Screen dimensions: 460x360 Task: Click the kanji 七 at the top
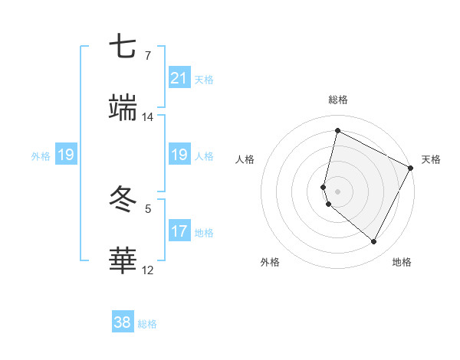point(124,47)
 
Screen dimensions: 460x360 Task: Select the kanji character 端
point(124,108)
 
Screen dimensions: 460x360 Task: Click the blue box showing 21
point(179,78)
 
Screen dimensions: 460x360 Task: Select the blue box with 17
point(179,231)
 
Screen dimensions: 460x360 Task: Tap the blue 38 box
point(123,322)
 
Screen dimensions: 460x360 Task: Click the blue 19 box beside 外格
point(66,155)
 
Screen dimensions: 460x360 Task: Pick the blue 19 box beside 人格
point(179,155)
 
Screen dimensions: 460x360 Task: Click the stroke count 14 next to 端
point(148,117)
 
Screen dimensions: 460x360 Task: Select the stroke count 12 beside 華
point(148,270)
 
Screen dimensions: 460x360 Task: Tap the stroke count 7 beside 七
point(148,56)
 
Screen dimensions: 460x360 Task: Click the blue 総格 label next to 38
point(147,324)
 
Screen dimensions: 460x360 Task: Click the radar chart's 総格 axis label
point(338,100)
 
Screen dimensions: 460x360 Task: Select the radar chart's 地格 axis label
point(402,262)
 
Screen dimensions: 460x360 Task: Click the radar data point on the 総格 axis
point(337,131)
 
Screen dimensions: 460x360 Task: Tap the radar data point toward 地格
point(374,242)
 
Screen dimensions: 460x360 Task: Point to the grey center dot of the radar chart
point(337,191)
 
